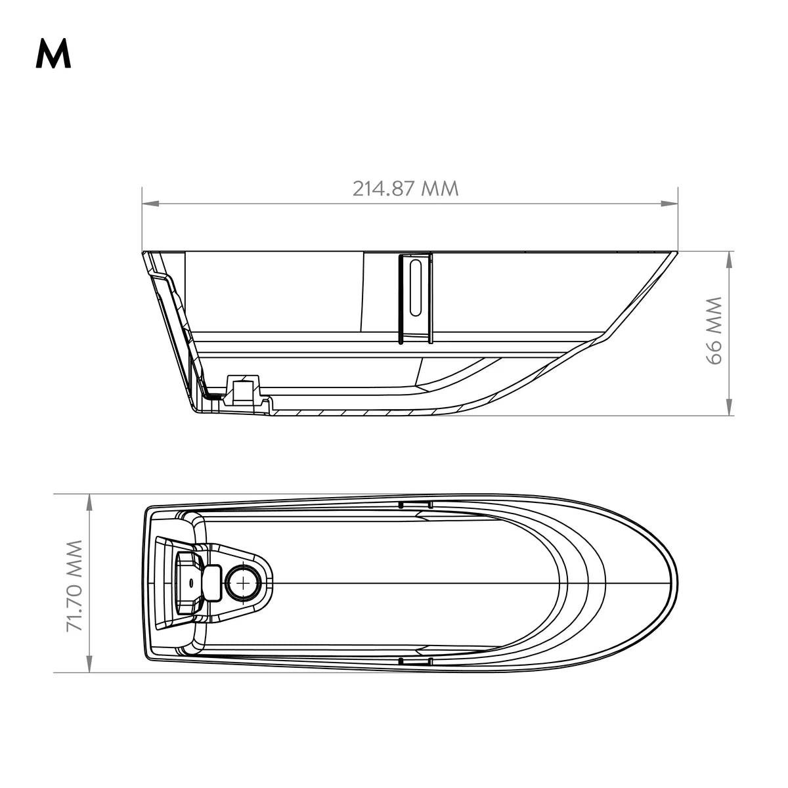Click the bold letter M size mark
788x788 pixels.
[53, 54]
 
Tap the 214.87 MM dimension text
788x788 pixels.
[405, 189]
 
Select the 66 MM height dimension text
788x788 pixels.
[714, 330]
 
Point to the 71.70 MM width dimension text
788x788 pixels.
[75, 586]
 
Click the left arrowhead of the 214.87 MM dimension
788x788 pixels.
[150, 203]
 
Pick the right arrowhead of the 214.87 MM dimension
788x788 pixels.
[669, 203]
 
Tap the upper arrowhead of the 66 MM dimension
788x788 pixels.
[729, 259]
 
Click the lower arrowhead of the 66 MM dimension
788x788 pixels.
[729, 408]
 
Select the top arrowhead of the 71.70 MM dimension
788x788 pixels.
[89, 502]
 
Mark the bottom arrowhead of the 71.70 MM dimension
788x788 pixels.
[89, 665]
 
